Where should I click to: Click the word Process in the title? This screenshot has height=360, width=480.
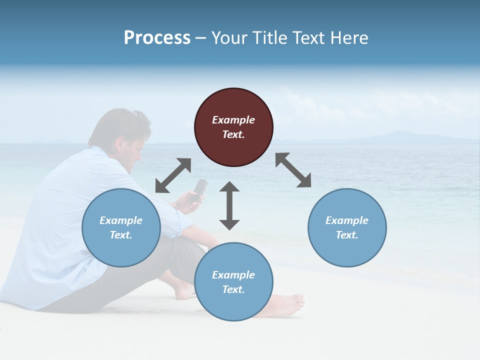point(157,38)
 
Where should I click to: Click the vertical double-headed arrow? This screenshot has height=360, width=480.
point(229,205)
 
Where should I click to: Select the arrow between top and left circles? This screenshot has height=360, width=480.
point(173,175)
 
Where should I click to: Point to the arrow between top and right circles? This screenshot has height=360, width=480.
point(293,170)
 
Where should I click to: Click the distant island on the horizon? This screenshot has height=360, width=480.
point(395,136)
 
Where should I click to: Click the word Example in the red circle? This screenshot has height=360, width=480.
point(233,120)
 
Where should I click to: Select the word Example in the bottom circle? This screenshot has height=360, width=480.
point(233,275)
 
